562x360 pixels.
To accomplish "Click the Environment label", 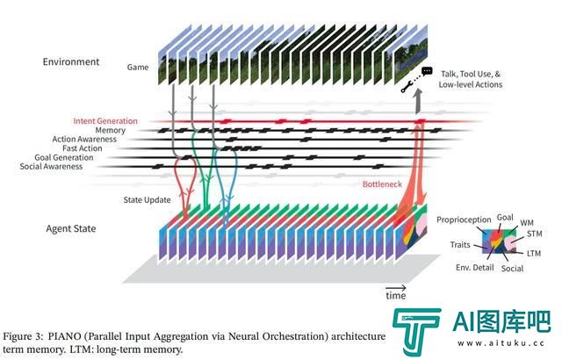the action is [71, 61].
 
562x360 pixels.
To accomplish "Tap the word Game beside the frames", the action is [138, 67].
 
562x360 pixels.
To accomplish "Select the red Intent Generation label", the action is [105, 121].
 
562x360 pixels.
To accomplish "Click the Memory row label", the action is [111, 130].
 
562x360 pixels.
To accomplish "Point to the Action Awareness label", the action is [84, 140].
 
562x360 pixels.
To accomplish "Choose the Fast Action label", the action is [82, 148].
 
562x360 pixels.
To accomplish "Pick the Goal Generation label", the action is [64, 158].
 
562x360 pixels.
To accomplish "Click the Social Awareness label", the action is [51, 167].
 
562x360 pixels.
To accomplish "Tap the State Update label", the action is [147, 200].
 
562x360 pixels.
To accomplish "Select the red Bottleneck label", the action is [382, 184].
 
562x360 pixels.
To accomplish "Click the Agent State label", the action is [71, 228].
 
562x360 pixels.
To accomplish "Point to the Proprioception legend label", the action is [464, 220].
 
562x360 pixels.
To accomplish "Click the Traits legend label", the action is [460, 245].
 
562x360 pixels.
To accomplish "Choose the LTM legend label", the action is [534, 253].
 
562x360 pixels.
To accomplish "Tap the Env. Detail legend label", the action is [475, 268].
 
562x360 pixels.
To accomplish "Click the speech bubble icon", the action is [427, 71].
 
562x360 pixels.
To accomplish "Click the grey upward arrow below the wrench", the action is [418, 102].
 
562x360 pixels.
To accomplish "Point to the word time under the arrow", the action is [396, 296].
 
